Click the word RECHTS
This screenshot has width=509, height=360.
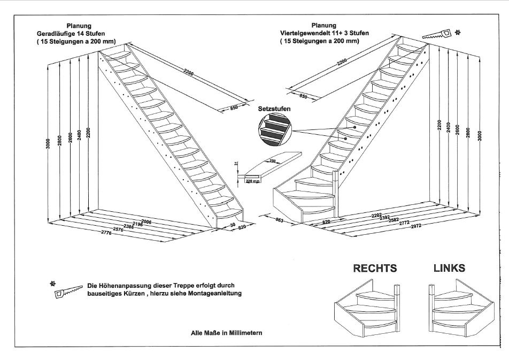pyautogui.click(x=375, y=268)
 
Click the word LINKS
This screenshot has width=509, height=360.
pyautogui.click(x=449, y=267)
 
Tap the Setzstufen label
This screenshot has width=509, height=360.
pyautogui.click(x=274, y=109)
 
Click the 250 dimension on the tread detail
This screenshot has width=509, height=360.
pyautogui.click(x=273, y=160)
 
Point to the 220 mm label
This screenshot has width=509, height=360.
pyautogui.click(x=253, y=181)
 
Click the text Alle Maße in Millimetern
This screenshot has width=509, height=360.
pyautogui.click(x=226, y=332)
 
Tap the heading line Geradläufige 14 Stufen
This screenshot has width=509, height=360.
pyautogui.click(x=79, y=33)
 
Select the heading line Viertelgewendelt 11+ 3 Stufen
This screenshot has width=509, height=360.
pyautogui.click(x=324, y=33)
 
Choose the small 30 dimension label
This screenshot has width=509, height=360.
pyautogui.click(x=234, y=225)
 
